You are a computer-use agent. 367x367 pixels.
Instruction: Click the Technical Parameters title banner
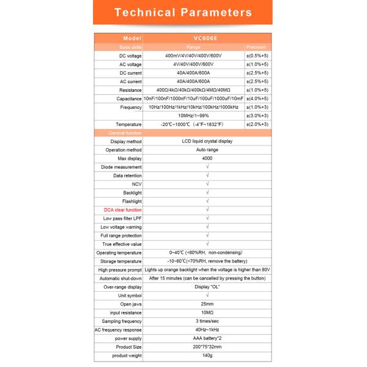click(x=183, y=12)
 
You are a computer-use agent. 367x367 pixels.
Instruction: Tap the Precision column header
click(x=256, y=46)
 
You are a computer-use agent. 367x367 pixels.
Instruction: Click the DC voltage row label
click(x=130, y=55)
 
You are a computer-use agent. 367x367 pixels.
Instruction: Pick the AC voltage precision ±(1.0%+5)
click(x=257, y=64)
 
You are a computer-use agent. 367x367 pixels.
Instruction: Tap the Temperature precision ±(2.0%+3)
click(x=257, y=124)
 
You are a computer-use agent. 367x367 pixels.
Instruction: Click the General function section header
click(x=125, y=133)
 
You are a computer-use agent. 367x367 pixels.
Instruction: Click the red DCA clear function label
click(x=122, y=210)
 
